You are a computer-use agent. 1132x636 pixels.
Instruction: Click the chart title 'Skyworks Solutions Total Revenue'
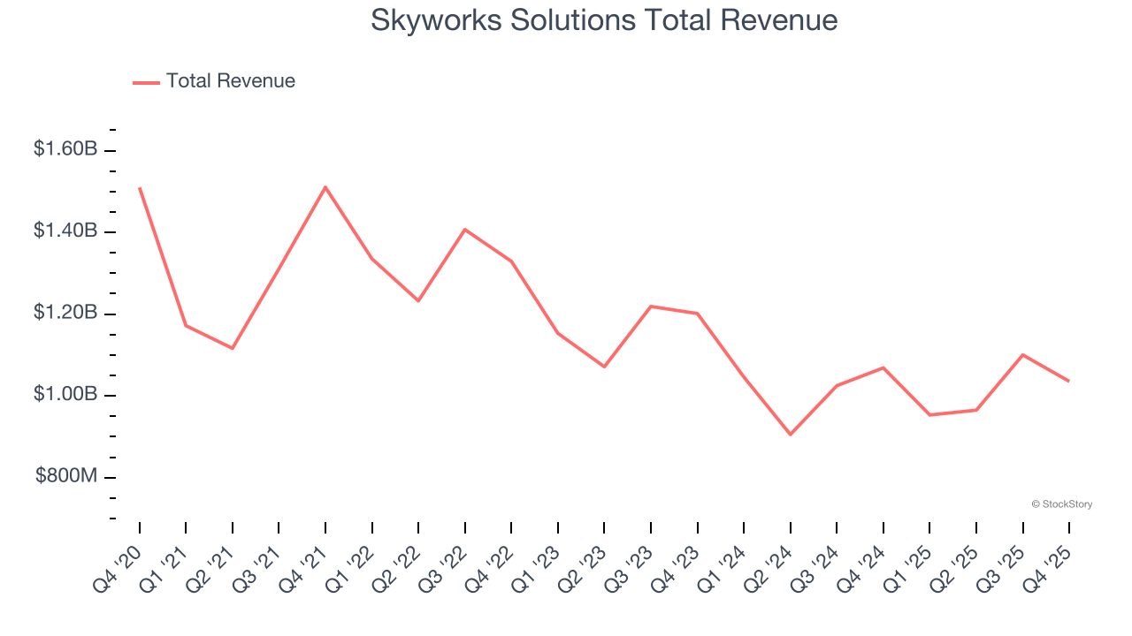pyautogui.click(x=604, y=20)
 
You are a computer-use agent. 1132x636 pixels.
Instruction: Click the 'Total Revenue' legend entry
pyautogui.click(x=230, y=81)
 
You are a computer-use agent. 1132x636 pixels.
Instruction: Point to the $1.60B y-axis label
pyautogui.click(x=65, y=149)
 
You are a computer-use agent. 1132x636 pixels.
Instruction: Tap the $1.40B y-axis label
pyautogui.click(x=65, y=231)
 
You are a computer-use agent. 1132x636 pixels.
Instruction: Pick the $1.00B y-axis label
pyautogui.click(x=65, y=395)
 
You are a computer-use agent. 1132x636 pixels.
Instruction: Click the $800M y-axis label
pyautogui.click(x=66, y=477)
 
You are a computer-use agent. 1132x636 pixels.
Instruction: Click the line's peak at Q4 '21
pyautogui.click(x=325, y=187)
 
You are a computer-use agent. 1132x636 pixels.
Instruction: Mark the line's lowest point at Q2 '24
pyautogui.click(x=790, y=435)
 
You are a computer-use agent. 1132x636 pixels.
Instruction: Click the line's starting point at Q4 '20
pyautogui.click(x=140, y=188)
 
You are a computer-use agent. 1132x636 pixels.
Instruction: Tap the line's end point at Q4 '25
pyautogui.click(x=1068, y=381)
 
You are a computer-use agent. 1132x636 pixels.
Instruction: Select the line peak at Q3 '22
pyautogui.click(x=465, y=230)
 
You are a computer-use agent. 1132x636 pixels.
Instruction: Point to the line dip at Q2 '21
pyautogui.click(x=233, y=348)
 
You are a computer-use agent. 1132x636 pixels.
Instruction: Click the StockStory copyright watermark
pyautogui.click(x=1061, y=504)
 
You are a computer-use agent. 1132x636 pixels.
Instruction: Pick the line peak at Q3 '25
pyautogui.click(x=1022, y=355)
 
